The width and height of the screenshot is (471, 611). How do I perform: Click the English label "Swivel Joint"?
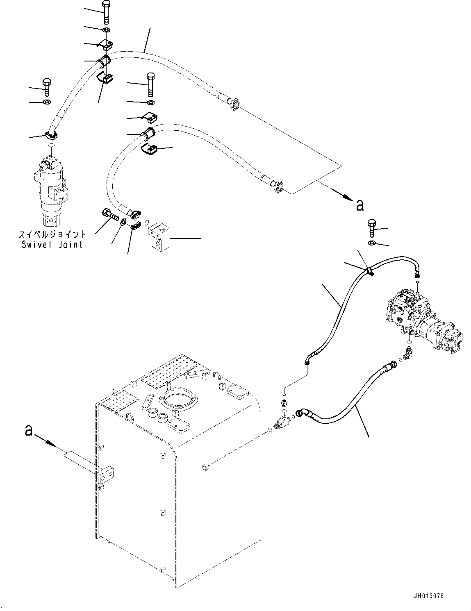(x=52, y=244)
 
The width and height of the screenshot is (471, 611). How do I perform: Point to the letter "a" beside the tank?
(x=29, y=430)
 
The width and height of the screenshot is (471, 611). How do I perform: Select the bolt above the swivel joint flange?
(x=47, y=87)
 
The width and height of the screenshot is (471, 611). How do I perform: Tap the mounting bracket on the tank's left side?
(x=105, y=475)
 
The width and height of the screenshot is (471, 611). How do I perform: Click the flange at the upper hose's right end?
(x=234, y=104)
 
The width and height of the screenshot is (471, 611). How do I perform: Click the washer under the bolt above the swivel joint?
(x=46, y=102)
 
